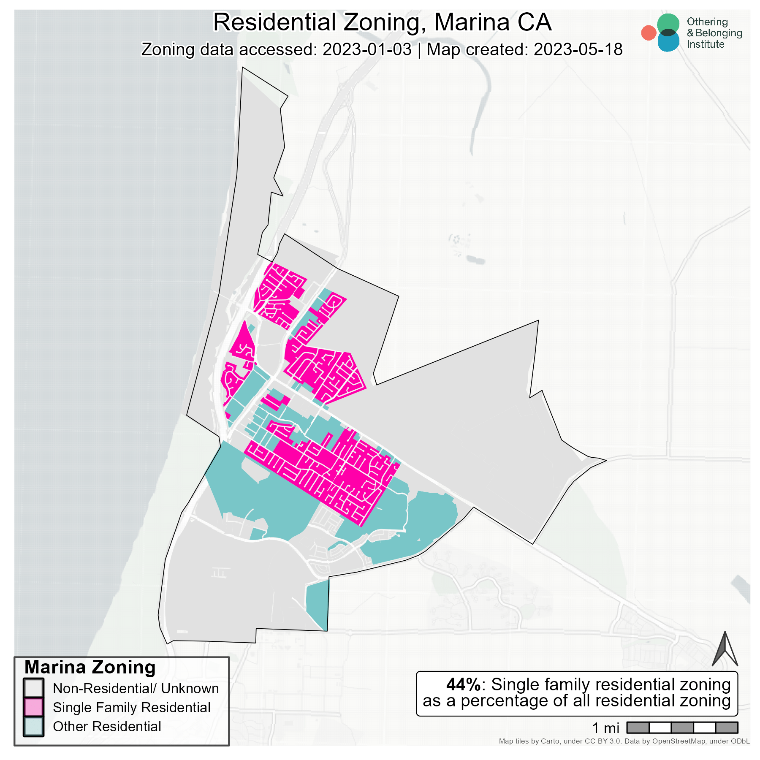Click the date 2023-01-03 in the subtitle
pyautogui.click(x=367, y=49)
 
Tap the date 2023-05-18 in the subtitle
pyautogui.click(x=578, y=49)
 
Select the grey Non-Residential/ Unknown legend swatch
pyautogui.click(x=33, y=688)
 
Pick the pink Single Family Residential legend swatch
pyautogui.click(x=33, y=707)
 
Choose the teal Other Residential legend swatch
pyautogui.click(x=33, y=726)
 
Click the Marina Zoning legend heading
pyautogui.click(x=90, y=668)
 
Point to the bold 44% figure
pyautogui.click(x=463, y=684)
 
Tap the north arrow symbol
pyautogui.click(x=725, y=649)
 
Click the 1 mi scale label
pyautogui.click(x=605, y=728)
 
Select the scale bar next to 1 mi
pyautogui.click(x=682, y=727)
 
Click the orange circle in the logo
pyautogui.click(x=649, y=33)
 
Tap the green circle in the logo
pyautogui.click(x=668, y=24)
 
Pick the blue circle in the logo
pyautogui.click(x=668, y=41)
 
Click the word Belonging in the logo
pyautogui.click(x=718, y=33)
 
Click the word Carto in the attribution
pyautogui.click(x=550, y=741)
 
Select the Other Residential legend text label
pyautogui.click(x=107, y=726)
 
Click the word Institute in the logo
pyautogui.click(x=706, y=44)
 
